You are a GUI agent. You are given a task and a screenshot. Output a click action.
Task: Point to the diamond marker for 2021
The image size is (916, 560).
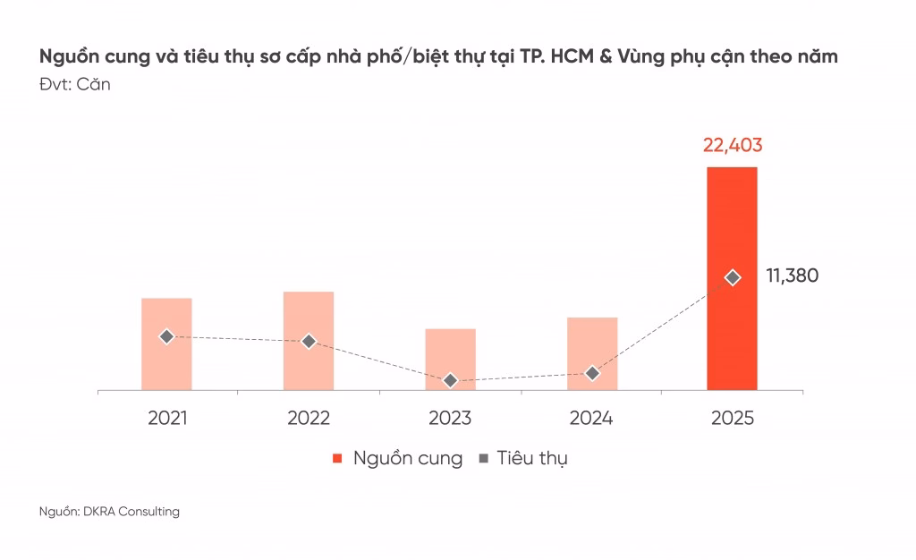(x=166, y=336)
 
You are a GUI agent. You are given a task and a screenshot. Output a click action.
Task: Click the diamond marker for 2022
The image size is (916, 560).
(x=309, y=341)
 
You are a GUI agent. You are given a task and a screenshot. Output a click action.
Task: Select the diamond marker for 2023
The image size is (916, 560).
(x=450, y=380)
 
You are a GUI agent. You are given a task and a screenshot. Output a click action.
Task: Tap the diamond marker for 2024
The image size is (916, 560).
(x=591, y=373)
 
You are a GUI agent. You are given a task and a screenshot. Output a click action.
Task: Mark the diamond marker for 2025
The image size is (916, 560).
(x=733, y=277)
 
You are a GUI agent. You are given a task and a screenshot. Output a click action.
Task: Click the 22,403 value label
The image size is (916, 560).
(x=733, y=146)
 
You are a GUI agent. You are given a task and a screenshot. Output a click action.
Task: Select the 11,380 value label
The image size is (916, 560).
(x=792, y=276)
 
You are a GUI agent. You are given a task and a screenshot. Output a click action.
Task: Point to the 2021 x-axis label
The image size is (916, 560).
(x=167, y=418)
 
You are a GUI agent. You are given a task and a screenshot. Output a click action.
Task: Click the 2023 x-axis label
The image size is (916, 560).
(x=450, y=418)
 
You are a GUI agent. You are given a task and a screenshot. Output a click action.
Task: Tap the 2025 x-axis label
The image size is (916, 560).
(x=733, y=418)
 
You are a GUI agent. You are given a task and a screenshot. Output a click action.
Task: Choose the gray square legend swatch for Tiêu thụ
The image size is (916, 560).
(x=483, y=459)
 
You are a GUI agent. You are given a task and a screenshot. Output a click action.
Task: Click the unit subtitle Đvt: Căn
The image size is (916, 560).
(x=74, y=85)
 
